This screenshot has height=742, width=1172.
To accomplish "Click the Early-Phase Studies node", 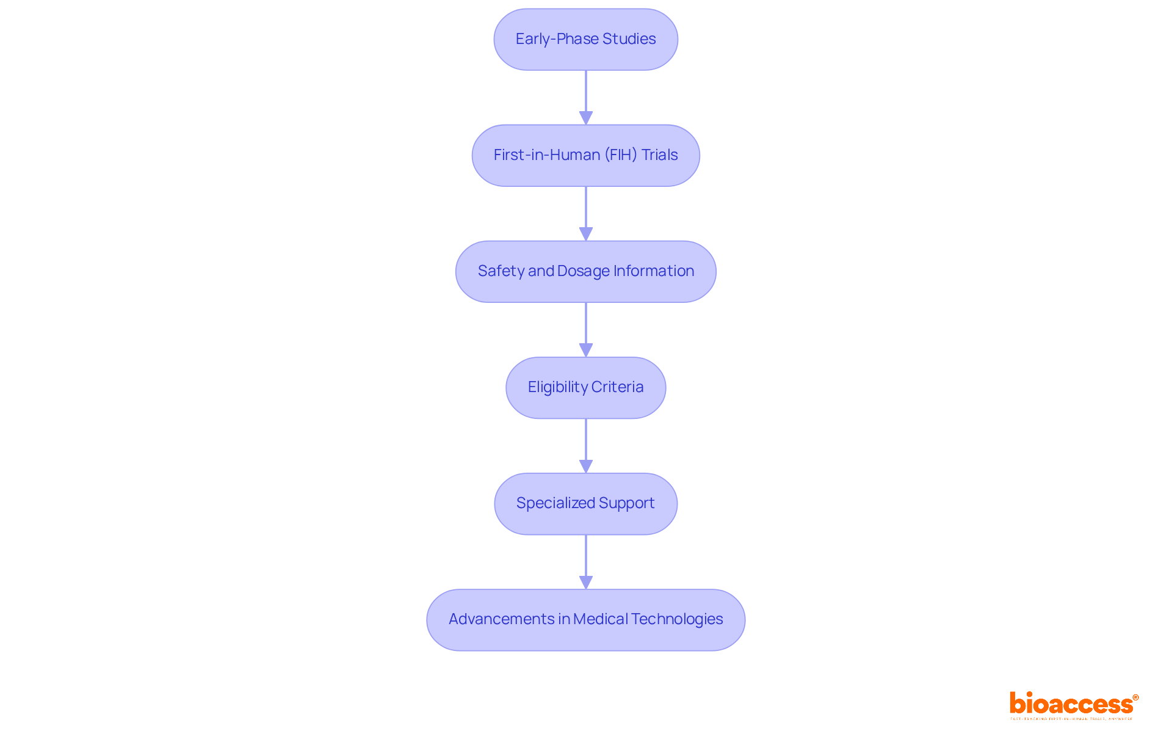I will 585,39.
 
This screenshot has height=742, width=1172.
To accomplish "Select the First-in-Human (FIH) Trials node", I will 585,155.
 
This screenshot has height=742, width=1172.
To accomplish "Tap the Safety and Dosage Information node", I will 585,271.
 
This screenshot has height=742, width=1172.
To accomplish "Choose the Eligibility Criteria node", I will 585,387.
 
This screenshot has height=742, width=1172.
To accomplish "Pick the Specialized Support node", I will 585,503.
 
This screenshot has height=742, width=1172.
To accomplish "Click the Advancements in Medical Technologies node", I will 585,619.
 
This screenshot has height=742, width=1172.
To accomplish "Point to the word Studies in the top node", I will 629,39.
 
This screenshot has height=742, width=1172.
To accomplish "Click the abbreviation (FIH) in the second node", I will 621,155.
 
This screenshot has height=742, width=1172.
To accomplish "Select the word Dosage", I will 583,271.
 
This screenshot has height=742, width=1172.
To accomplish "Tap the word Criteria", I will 617,387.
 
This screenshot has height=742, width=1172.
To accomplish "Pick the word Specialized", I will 555,503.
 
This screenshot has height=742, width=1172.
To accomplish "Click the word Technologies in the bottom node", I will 677,619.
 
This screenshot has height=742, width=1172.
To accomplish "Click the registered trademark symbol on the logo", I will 1135,697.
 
